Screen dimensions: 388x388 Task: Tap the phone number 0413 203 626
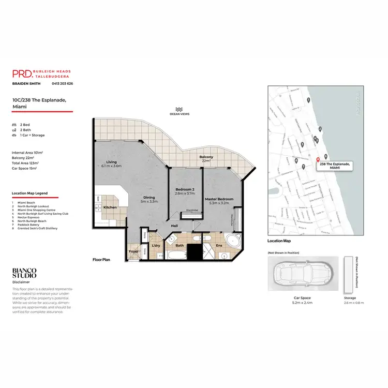click(x=62, y=83)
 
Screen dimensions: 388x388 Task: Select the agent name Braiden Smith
click(x=26, y=83)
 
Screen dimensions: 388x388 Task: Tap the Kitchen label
click(x=110, y=207)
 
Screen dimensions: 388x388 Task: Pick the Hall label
click(x=175, y=226)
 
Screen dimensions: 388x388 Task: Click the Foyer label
click(x=133, y=251)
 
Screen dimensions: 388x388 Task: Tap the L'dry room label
click(x=156, y=246)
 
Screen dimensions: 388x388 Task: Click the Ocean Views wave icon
click(x=178, y=110)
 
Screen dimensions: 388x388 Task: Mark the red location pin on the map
click(x=317, y=159)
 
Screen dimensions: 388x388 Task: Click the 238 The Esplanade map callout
click(x=335, y=166)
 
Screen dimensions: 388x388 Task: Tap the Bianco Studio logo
click(x=24, y=273)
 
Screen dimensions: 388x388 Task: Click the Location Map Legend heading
click(x=29, y=193)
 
